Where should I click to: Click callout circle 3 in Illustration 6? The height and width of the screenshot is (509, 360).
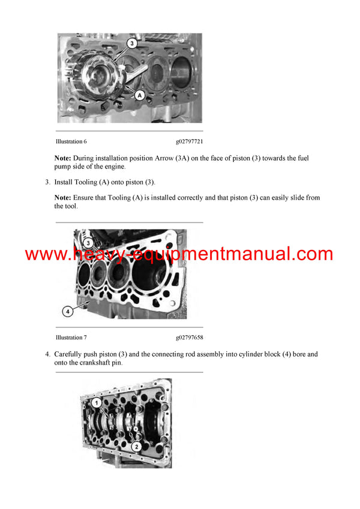[x=132, y=43]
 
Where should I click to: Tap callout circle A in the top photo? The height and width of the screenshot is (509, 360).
[x=139, y=95]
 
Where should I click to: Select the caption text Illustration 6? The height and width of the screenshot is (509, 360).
[x=71, y=141]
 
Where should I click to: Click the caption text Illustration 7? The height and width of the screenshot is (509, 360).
[x=71, y=338]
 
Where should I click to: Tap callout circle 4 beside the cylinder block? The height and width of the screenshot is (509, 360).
[x=67, y=311]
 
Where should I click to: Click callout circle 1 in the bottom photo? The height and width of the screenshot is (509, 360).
[x=95, y=404]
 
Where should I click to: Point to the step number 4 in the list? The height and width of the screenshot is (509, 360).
[x=47, y=354]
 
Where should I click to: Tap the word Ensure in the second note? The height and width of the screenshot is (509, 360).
[x=85, y=197]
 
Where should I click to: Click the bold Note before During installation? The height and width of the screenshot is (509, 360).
[x=62, y=158]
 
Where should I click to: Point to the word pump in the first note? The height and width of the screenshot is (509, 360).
[x=64, y=166]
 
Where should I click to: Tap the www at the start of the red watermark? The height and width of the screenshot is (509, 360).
[x=44, y=254]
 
